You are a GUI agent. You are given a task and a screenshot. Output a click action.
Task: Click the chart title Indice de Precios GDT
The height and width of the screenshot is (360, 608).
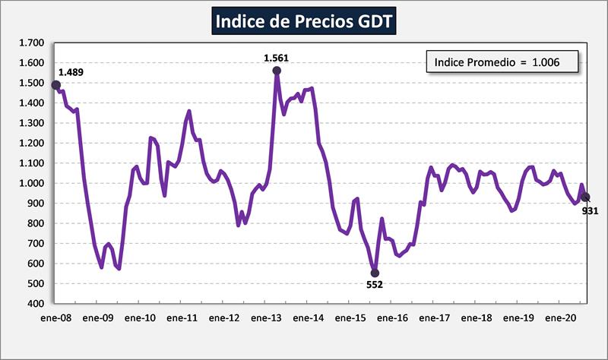(303, 21)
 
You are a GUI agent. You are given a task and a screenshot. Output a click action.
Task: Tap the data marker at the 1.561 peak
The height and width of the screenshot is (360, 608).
(277, 71)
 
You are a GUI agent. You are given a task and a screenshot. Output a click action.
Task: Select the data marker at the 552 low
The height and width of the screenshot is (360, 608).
(375, 273)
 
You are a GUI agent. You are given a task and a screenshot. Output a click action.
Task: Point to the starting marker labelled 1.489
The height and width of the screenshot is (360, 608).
(56, 85)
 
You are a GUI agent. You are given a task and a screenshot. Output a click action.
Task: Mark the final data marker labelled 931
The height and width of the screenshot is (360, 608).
(585, 197)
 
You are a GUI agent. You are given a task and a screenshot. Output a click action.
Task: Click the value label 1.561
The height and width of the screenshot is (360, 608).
(277, 57)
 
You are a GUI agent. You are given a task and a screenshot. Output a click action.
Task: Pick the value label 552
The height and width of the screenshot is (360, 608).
(375, 285)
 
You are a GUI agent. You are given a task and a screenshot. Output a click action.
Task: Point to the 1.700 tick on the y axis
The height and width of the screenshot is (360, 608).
(33, 43)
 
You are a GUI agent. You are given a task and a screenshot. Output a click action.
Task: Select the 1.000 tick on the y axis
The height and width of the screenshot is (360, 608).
(33, 183)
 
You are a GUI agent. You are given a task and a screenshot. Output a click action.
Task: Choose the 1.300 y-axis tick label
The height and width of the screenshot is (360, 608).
(33, 123)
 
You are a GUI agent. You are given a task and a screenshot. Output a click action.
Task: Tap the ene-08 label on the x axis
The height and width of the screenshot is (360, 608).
(56, 318)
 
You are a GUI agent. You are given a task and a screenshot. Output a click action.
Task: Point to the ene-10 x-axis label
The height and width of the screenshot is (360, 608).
(140, 318)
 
